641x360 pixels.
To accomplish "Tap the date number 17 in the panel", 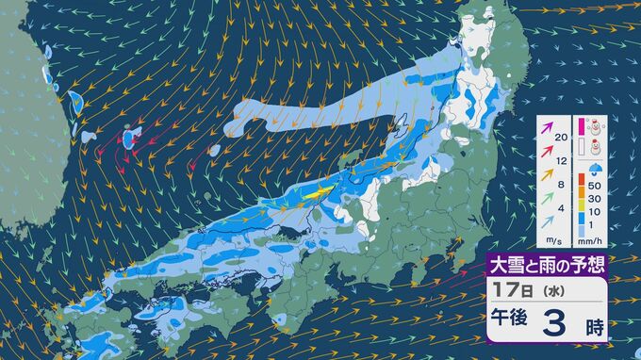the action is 501,292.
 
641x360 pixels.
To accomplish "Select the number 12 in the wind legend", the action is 562,161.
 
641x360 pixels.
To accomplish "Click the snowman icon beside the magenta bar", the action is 598,126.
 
